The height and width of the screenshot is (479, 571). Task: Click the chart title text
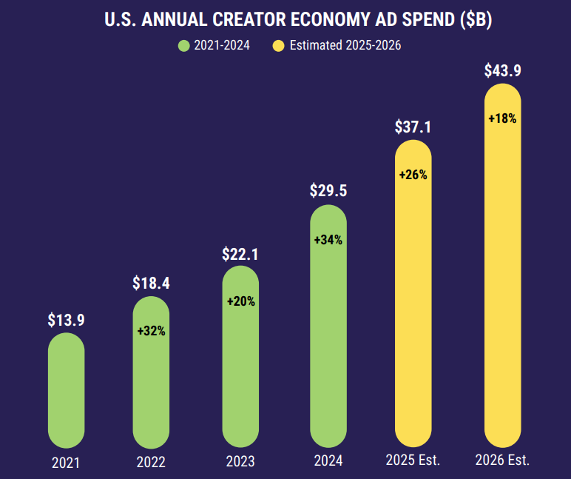[x=298, y=20]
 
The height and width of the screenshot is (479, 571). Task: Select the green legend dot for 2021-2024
[x=184, y=46]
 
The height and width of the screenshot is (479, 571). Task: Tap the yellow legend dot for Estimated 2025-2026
[x=278, y=46]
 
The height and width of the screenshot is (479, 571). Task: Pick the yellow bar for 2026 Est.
[x=503, y=281]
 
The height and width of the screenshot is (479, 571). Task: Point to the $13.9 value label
[x=66, y=321]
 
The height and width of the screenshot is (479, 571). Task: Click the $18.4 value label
[x=151, y=283]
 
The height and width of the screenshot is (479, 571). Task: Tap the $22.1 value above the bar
[x=240, y=255]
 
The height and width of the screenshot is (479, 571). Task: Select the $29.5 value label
[x=328, y=191]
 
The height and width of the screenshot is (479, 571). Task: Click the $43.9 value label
[x=503, y=70]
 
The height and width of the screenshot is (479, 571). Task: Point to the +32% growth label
[x=151, y=331]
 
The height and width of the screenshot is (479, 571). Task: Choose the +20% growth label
[x=240, y=301]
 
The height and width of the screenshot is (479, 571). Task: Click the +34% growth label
[x=328, y=240]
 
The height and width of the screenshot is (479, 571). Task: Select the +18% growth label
[x=503, y=118]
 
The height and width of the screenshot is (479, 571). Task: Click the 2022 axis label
[x=151, y=462]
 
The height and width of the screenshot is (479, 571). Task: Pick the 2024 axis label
[x=328, y=460]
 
